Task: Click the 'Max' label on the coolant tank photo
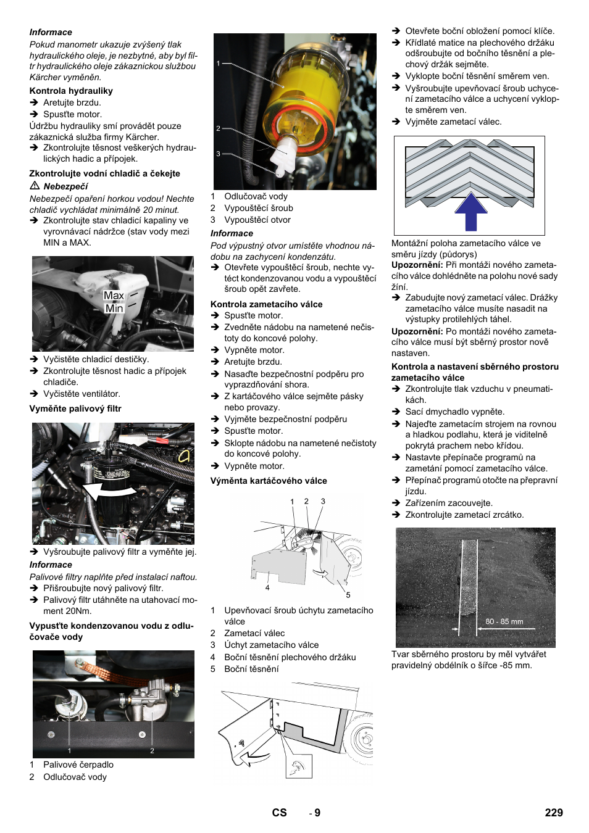pos(114,296)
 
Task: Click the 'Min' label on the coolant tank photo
pos(114,309)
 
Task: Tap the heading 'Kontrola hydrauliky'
pos(71,91)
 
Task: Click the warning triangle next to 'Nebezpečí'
pos(35,186)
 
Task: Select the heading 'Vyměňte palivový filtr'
pos(75,408)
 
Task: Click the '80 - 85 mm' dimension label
pos(504,621)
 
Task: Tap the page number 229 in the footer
pos(553,813)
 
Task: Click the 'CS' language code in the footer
pos(279,813)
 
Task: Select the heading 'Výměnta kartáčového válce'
pos(269,481)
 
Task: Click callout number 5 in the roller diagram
pos(348,595)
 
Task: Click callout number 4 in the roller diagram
pos(267,587)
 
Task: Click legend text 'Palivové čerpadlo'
pos(78,765)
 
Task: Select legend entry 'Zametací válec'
pos(254,633)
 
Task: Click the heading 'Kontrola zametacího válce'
pos(266,304)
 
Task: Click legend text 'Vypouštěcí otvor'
pos(257,220)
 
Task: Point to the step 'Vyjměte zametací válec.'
pos(453,122)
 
